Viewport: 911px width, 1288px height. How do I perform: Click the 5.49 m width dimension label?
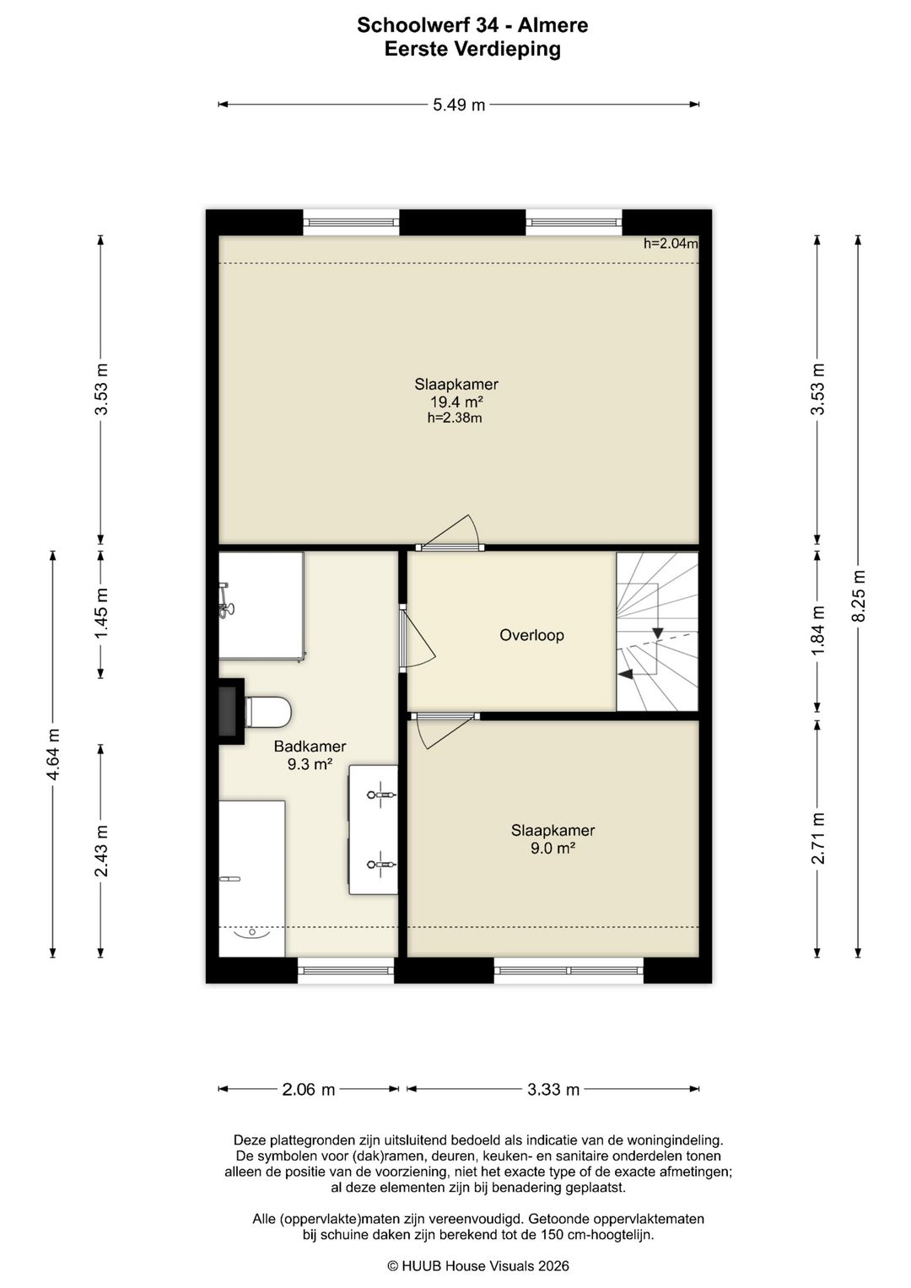click(x=458, y=105)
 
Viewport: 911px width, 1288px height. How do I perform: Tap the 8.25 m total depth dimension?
click(x=858, y=595)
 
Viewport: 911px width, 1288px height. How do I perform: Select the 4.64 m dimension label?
click(x=53, y=754)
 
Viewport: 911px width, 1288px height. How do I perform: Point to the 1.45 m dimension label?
click(x=100, y=613)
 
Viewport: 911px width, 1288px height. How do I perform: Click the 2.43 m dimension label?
click(x=100, y=851)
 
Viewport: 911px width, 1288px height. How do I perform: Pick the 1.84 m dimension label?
click(x=817, y=630)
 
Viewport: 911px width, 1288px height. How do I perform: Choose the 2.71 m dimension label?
click(x=817, y=838)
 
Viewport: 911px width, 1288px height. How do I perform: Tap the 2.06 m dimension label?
click(x=308, y=1089)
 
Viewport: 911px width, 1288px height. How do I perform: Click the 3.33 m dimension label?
click(x=553, y=1089)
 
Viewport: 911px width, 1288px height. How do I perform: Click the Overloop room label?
click(x=531, y=635)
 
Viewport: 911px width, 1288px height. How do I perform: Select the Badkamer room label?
click(x=310, y=746)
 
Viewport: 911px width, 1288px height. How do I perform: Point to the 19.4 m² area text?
click(x=456, y=401)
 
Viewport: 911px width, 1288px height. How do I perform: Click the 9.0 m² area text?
click(x=553, y=849)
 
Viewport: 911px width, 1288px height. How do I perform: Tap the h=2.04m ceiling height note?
click(x=671, y=243)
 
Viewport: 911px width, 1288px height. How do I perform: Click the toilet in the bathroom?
click(x=268, y=713)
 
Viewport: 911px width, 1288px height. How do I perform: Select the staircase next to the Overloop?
click(x=657, y=632)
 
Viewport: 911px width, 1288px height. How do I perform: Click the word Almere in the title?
click(x=553, y=25)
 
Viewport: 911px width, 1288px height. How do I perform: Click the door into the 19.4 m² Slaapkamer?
click(x=450, y=533)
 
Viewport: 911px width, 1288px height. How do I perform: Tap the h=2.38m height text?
click(x=455, y=418)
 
